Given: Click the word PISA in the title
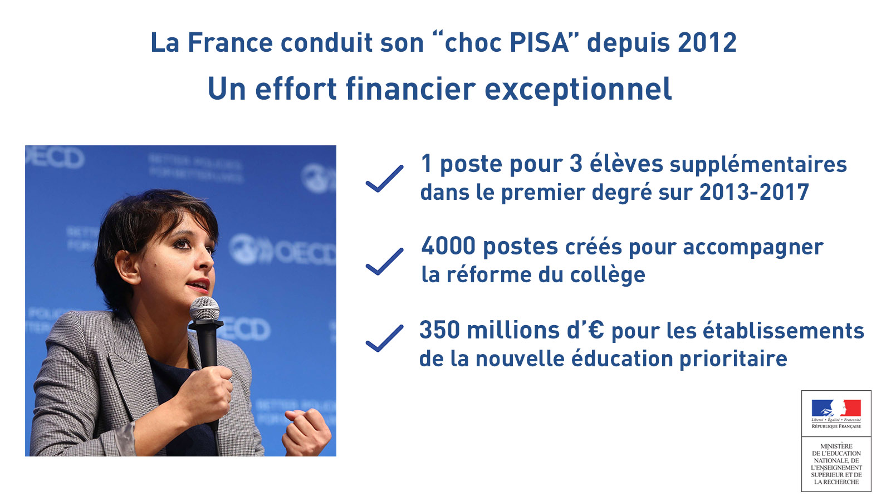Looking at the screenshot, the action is pos(540,42).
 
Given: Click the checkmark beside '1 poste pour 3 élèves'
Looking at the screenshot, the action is pos(385,179).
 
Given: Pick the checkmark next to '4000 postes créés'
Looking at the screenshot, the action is pos(385,262).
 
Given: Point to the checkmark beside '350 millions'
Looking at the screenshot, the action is pos(385,338).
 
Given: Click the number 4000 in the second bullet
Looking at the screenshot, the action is pos(448,245).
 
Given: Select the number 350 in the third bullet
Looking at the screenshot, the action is pos(439,330).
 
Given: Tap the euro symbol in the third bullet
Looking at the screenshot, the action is pos(595,330).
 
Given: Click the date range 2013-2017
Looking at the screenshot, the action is pos(754,192).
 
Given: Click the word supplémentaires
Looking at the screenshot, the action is pos(758,165).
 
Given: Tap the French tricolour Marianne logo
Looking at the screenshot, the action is pos(836,408).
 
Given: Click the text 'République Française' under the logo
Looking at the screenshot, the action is pos(836,426).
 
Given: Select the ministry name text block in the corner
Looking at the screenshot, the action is pos(836,464).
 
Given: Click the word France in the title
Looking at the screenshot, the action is pos(231,42).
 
